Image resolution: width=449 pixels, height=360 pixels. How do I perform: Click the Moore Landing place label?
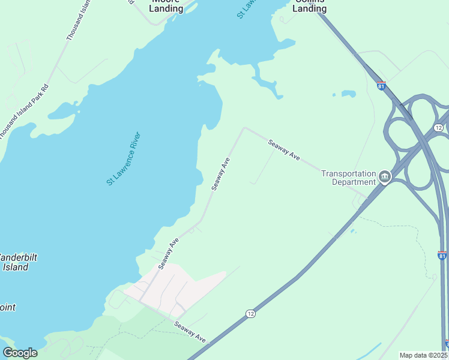click(166, 6)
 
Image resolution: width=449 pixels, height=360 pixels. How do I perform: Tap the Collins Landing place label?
click(310, 6)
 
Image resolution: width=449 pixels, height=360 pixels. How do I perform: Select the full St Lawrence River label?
click(123, 158)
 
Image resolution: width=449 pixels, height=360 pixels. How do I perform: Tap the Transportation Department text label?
click(348, 178)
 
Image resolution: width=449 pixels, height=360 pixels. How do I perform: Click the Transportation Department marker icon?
click(384, 177)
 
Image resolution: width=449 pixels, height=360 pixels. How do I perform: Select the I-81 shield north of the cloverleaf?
click(381, 86)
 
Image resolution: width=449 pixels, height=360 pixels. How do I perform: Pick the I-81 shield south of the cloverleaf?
click(442, 256)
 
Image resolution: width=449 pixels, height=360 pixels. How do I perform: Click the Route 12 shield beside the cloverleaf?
click(439, 128)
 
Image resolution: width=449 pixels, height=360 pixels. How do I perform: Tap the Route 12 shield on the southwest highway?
click(250, 314)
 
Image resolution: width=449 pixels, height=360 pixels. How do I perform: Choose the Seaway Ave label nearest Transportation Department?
click(284, 149)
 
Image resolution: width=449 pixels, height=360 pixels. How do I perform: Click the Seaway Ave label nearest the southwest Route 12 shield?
click(190, 332)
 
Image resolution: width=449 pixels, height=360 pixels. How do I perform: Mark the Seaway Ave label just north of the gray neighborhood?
click(169, 253)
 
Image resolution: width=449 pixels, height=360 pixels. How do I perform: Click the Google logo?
click(20, 353)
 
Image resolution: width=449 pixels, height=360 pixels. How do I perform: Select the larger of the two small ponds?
click(348, 94)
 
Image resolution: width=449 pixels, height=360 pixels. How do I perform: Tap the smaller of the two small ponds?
click(334, 95)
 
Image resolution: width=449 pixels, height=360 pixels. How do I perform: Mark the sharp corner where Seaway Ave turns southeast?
click(244, 128)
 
